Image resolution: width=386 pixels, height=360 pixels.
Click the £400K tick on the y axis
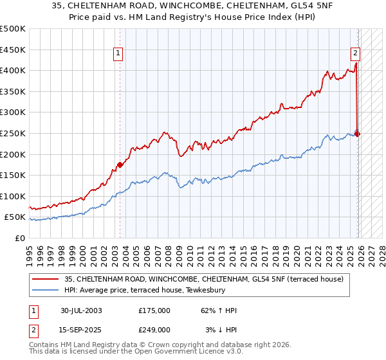[x=13, y=71]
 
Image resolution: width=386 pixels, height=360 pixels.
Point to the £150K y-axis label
[x=13, y=175]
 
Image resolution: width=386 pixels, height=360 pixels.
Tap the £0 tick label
[x=20, y=238]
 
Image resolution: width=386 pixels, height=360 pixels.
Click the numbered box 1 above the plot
[x=119, y=54]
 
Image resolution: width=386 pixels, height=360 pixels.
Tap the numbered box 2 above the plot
[x=354, y=54]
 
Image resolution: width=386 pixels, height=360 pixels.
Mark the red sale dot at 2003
[x=120, y=165]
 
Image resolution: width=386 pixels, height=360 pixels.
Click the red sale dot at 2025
[x=358, y=134]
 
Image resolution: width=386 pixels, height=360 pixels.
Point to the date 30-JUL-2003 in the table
[x=81, y=310]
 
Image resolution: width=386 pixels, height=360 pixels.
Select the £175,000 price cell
[x=154, y=310]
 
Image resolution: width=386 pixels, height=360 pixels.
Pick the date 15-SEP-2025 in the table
[x=81, y=329]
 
